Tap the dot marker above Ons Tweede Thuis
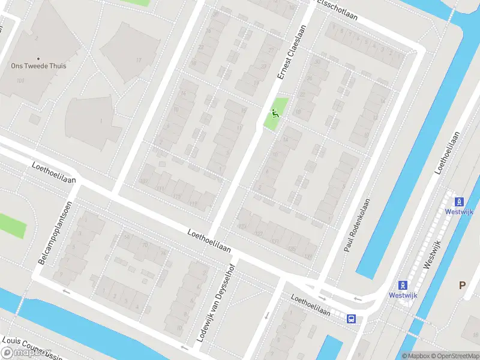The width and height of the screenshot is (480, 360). (x=38, y=58)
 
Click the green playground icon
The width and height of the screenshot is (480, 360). (x=275, y=112)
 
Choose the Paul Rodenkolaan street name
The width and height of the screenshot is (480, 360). (x=358, y=225)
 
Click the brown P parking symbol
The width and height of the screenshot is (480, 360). (x=462, y=286)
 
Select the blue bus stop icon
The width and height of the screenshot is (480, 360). (x=351, y=319)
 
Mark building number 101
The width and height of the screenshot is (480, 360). (x=20, y=80)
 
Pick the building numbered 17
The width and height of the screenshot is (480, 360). (x=139, y=60)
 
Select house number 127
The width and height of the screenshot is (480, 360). (x=259, y=233)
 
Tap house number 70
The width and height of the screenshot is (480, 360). (x=145, y=245)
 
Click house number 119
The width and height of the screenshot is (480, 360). (x=193, y=204)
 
